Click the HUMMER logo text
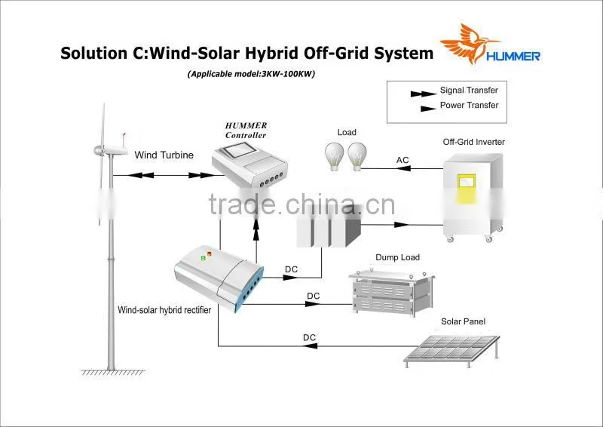pyautogui.click(x=513, y=57)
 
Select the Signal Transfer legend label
pyautogui.click(x=469, y=90)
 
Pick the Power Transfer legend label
pyautogui.click(x=469, y=105)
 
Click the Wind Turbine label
pyautogui.click(x=164, y=155)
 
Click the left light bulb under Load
pyautogui.click(x=334, y=156)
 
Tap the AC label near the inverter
pyautogui.click(x=403, y=160)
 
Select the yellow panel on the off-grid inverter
pyautogui.click(x=466, y=189)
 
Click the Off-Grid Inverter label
pyautogui.click(x=473, y=142)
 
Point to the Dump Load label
pyautogui.click(x=397, y=257)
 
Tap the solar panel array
pyautogui.click(x=451, y=349)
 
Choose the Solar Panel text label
pyautogui.click(x=463, y=321)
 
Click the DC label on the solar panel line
pyautogui.click(x=309, y=337)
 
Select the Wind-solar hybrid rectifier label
pyautogui.click(x=164, y=310)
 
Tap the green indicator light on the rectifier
pyautogui.click(x=203, y=258)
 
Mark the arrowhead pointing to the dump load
pyautogui.click(x=312, y=304)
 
